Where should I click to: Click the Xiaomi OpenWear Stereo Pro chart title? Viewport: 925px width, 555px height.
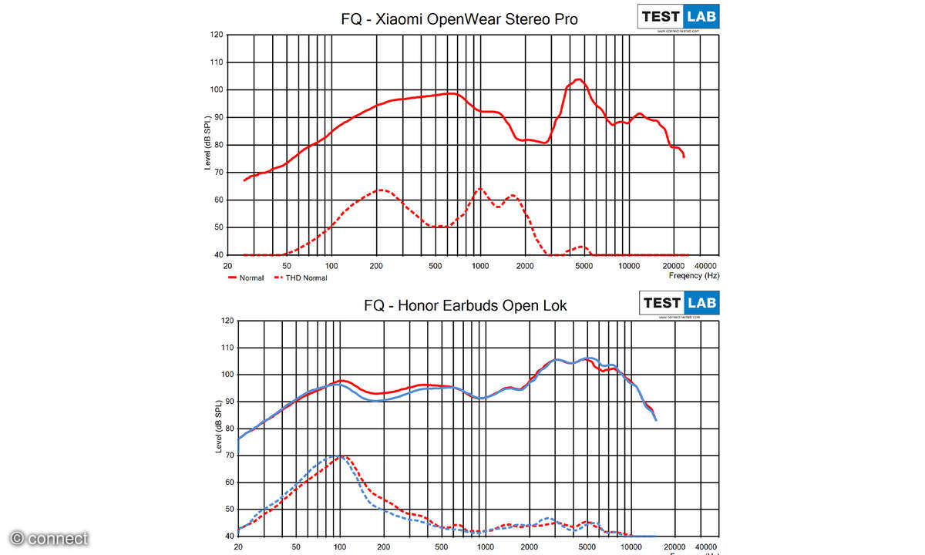[459, 18]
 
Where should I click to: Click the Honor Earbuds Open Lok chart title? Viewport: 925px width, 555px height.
[465, 305]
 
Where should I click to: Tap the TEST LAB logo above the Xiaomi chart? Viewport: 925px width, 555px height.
[678, 17]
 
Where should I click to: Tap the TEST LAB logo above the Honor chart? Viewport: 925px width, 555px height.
[679, 303]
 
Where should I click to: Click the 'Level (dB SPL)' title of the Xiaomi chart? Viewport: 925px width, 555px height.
[208, 145]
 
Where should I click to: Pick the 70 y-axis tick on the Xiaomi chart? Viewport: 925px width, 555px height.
[219, 172]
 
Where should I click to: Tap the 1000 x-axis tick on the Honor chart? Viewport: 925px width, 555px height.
[486, 547]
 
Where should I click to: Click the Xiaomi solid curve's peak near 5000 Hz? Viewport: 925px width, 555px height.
[577, 79]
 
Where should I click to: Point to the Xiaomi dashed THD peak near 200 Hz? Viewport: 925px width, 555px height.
[380, 190]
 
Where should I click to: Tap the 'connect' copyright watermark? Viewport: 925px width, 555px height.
[49, 538]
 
